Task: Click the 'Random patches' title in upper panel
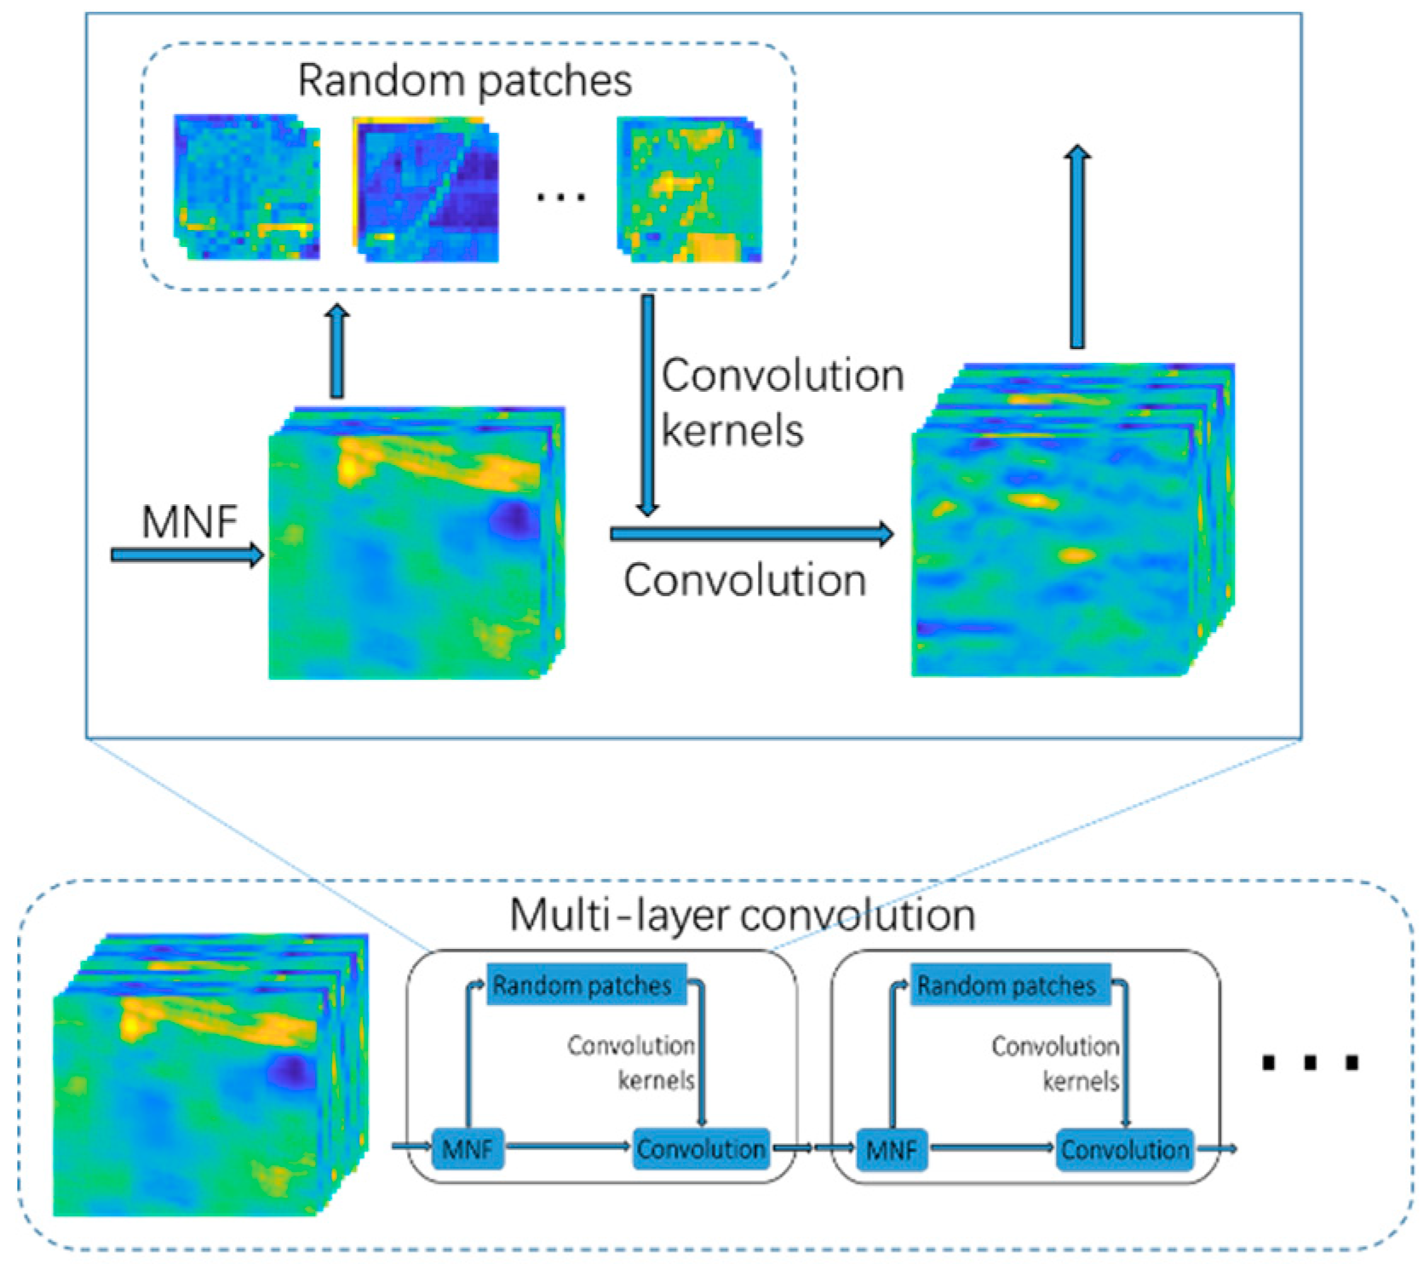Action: coord(465,82)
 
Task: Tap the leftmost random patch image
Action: coord(247,187)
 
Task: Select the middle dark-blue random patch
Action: coord(426,189)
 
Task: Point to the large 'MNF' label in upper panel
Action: coord(189,521)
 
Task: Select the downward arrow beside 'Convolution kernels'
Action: coord(648,405)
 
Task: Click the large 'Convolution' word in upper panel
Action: coord(745,581)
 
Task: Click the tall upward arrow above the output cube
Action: coord(1078,247)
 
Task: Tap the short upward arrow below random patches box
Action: coord(338,351)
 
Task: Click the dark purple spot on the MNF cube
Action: coord(513,517)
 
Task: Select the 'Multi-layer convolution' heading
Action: coord(742,916)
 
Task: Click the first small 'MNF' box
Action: coord(468,1150)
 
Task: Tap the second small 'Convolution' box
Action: coord(1124,1150)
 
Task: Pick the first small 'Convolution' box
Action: coord(700,1150)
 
